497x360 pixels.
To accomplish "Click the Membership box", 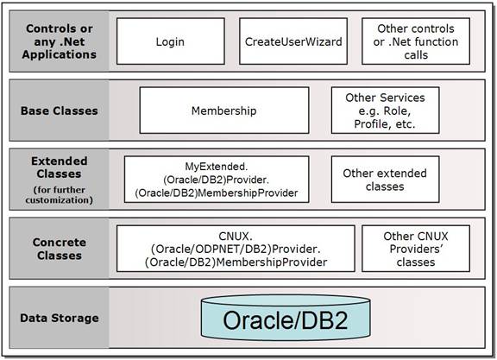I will [x=223, y=111].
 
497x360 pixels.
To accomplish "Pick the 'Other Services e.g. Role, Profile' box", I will [x=385, y=111].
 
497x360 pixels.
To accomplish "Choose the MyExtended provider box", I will [x=216, y=180].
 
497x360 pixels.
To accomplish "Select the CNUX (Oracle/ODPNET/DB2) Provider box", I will [x=236, y=249].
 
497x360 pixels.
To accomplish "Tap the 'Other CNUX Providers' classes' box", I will [x=418, y=249].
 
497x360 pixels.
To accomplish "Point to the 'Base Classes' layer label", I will [x=60, y=111].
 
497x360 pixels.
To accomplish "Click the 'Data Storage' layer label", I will [x=60, y=318].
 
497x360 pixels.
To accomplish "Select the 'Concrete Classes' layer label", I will [x=60, y=249].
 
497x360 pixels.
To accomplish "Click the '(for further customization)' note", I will [x=60, y=195].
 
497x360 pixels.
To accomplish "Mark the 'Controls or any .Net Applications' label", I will [x=60, y=41].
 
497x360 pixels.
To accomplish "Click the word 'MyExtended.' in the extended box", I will [x=216, y=166].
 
